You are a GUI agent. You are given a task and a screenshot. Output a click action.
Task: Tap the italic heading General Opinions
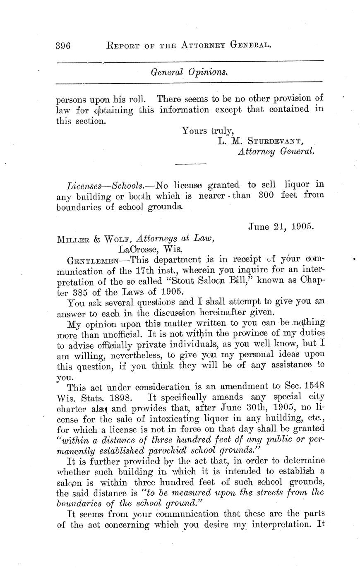189,72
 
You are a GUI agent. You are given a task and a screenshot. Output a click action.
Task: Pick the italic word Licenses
82,184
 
